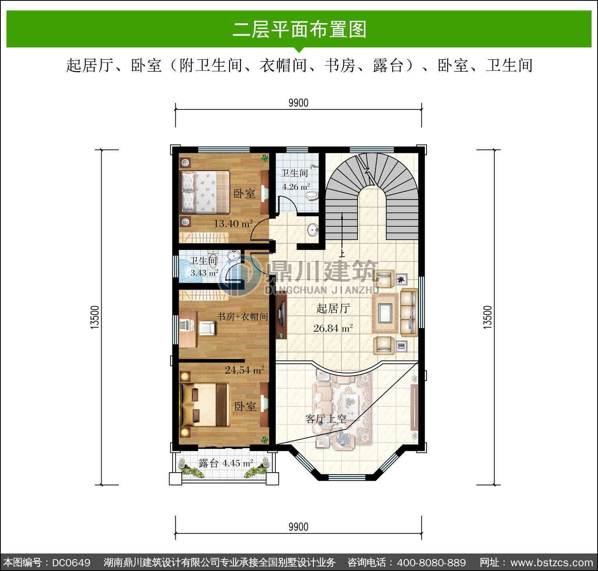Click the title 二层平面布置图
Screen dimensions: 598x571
click(x=299, y=29)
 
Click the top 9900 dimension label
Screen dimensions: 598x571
click(x=298, y=103)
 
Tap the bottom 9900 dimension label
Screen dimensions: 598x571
click(x=298, y=527)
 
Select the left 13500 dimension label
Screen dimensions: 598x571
click(x=94, y=317)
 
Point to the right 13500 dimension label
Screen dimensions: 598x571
click(x=488, y=317)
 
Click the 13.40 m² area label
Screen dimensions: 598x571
click(x=233, y=223)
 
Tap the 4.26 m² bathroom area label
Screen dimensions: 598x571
click(x=296, y=186)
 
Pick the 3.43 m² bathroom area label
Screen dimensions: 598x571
click(x=204, y=273)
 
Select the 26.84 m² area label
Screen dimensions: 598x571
click(x=333, y=328)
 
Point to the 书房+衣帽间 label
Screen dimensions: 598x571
click(x=242, y=317)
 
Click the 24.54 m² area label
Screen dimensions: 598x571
click(x=244, y=370)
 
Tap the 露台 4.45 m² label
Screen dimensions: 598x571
click(x=226, y=463)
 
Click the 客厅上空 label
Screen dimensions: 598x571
click(x=326, y=418)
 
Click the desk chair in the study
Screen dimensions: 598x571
click(x=207, y=328)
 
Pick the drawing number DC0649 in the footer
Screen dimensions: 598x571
click(x=71, y=563)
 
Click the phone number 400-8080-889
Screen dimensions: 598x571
click(x=432, y=563)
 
